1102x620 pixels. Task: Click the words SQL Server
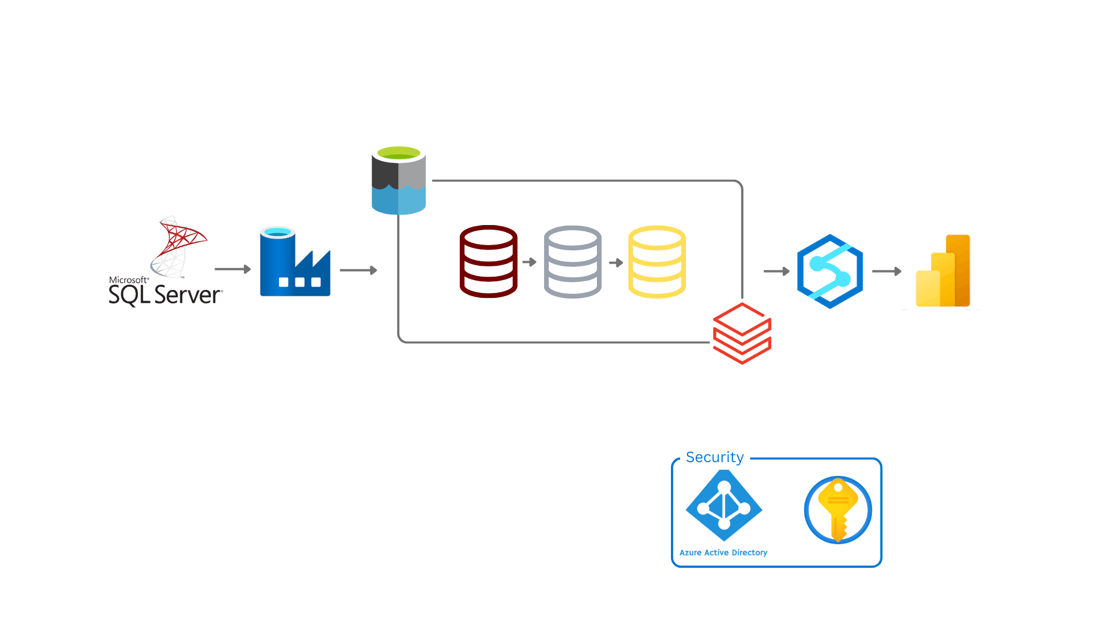click(165, 295)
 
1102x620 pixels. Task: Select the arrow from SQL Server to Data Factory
click(232, 269)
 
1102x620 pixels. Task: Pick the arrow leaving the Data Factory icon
click(358, 270)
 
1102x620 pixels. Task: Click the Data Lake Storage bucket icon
click(398, 181)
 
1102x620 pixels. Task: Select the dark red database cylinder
click(488, 261)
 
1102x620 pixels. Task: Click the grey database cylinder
click(572, 262)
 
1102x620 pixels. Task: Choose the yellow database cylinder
click(657, 262)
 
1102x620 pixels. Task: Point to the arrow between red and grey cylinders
click(529, 262)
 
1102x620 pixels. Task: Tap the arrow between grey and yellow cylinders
click(616, 263)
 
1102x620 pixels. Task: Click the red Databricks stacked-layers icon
click(742, 334)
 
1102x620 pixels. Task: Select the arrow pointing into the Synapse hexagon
click(777, 272)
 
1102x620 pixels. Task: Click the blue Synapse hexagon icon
click(830, 272)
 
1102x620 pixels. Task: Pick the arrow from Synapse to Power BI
click(886, 272)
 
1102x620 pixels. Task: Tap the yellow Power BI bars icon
click(944, 271)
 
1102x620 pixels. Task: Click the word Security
click(715, 458)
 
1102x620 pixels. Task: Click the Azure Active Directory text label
click(723, 553)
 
